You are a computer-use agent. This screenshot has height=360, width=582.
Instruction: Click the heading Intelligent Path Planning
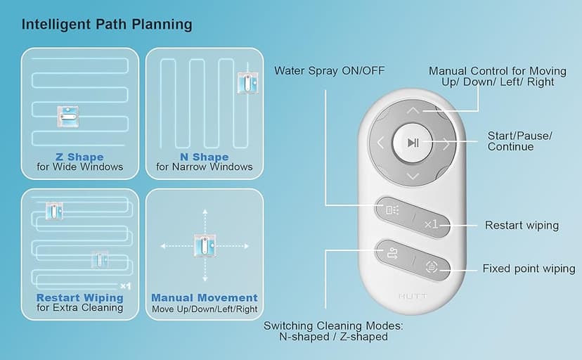point(107,25)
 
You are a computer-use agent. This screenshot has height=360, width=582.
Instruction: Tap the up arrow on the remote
point(413,110)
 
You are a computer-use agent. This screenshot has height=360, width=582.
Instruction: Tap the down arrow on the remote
point(413,176)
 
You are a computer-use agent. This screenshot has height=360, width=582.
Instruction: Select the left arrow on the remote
point(380,143)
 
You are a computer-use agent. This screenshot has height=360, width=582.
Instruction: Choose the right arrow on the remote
point(446,143)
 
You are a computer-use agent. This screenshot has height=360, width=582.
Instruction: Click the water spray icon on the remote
point(392,210)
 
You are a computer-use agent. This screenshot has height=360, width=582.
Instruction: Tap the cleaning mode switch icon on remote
point(392,254)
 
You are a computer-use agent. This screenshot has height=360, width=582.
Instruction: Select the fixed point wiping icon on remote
point(432,266)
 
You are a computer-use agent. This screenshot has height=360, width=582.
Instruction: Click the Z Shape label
point(80,157)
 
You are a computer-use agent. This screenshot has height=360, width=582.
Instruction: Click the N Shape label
point(204,157)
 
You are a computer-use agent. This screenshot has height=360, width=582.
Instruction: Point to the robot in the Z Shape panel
point(68,117)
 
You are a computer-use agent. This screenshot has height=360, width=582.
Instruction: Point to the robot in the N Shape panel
point(248,83)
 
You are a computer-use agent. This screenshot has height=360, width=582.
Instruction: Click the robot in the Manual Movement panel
point(205,245)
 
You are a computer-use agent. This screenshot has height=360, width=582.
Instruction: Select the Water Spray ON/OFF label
point(329,71)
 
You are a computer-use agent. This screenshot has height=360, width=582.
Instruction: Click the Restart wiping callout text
point(522,225)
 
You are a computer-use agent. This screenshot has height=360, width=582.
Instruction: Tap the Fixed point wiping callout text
point(529,269)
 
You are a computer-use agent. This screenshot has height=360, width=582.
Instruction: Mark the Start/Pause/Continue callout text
point(519,141)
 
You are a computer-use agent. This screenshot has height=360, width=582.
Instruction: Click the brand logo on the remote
point(413,296)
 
